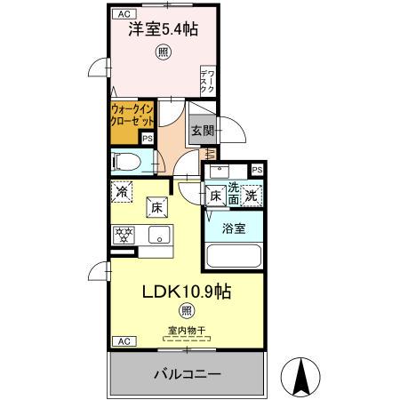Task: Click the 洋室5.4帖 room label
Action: point(162,29)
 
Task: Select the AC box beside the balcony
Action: point(124,341)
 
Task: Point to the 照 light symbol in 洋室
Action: point(163,52)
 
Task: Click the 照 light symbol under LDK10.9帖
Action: point(185,310)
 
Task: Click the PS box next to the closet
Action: point(148,138)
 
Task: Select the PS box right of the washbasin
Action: point(257,170)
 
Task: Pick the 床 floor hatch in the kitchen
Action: point(155,206)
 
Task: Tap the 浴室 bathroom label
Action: point(234,228)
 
